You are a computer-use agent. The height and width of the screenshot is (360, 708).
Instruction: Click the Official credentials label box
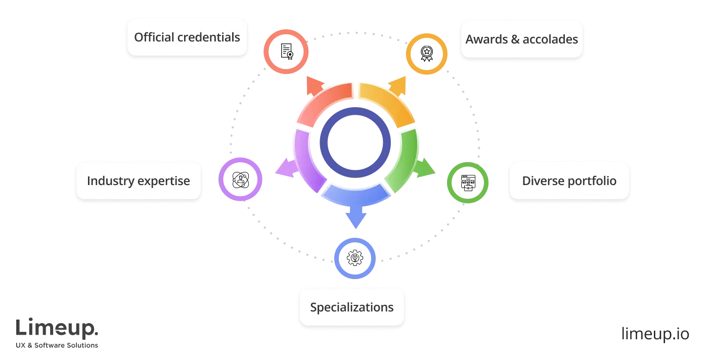coord(187,37)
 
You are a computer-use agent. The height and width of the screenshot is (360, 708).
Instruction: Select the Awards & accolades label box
coord(521,39)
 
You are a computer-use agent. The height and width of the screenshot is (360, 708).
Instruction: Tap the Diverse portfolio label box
coord(569,181)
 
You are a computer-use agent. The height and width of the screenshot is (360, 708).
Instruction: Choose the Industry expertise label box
coord(138,181)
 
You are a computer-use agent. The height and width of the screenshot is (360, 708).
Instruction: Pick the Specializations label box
coord(351,307)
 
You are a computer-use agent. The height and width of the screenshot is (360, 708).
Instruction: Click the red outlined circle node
coord(286,52)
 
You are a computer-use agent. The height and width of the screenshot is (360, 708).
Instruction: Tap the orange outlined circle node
coord(427,54)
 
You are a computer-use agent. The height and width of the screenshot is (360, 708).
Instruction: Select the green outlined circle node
coord(467,183)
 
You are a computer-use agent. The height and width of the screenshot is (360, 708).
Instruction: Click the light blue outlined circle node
coord(355,258)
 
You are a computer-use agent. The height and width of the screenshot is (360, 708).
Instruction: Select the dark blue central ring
coord(356,142)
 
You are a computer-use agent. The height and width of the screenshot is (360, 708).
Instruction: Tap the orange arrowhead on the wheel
coord(398,86)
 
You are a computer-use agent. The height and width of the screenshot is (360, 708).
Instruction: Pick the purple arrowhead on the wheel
coord(284,167)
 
